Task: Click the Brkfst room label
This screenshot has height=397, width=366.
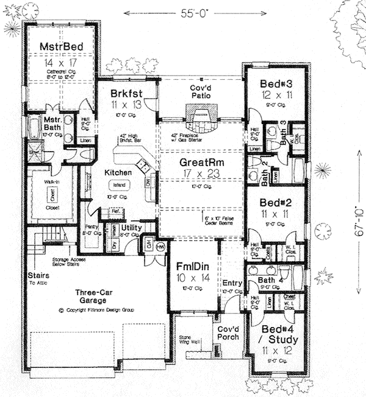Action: (x=126, y=94)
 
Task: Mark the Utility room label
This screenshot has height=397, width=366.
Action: (x=132, y=228)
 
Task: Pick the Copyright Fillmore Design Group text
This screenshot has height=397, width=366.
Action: (x=96, y=310)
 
